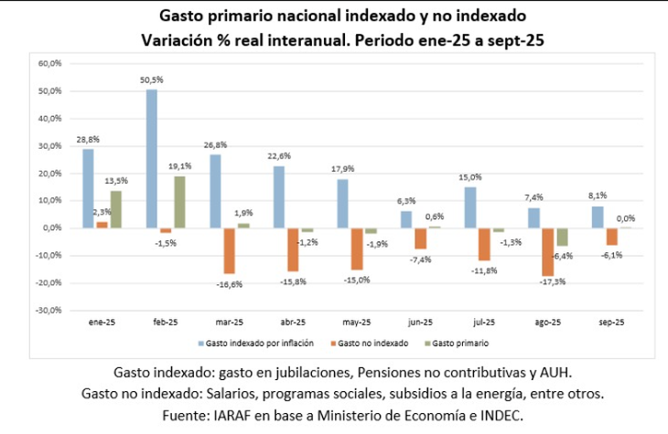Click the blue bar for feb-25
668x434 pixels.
(152, 158)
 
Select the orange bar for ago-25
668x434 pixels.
(547, 251)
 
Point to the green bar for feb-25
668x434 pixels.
(178, 202)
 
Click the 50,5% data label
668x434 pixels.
(151, 80)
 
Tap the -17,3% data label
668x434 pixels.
(553, 282)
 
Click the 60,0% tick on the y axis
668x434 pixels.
(48, 64)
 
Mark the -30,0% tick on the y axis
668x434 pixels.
(48, 311)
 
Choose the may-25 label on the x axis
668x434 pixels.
(357, 323)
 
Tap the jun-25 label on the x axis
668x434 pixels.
(420, 323)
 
